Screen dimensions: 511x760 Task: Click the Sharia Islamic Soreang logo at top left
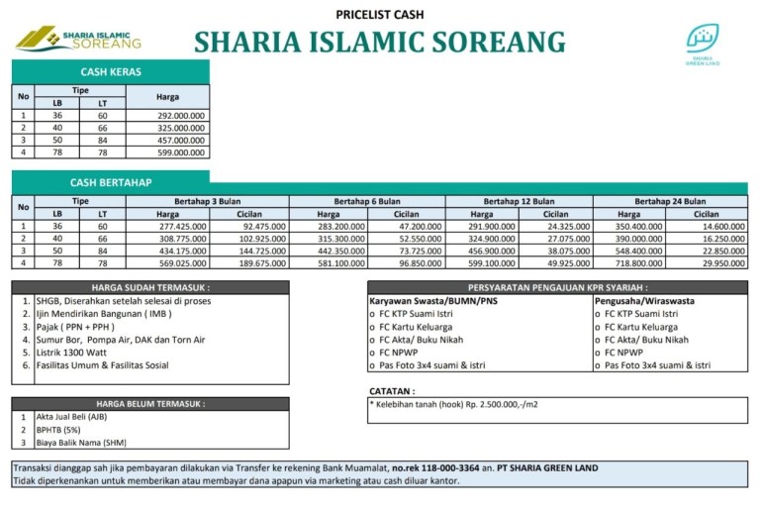coord(78,39)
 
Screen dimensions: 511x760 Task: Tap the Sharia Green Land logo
coord(703,44)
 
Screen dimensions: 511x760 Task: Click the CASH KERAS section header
coord(111,71)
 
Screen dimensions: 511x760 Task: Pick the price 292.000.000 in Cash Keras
coord(181,116)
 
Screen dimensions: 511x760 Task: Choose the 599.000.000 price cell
coord(181,153)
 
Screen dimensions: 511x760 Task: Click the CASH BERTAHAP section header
coord(111,183)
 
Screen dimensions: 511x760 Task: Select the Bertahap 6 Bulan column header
coord(367,201)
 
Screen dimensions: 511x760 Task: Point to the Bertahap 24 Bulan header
coord(670,201)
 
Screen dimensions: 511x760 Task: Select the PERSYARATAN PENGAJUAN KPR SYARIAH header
coord(557,288)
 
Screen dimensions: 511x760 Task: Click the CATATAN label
coord(392,391)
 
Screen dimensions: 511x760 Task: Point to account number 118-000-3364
coord(451,467)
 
